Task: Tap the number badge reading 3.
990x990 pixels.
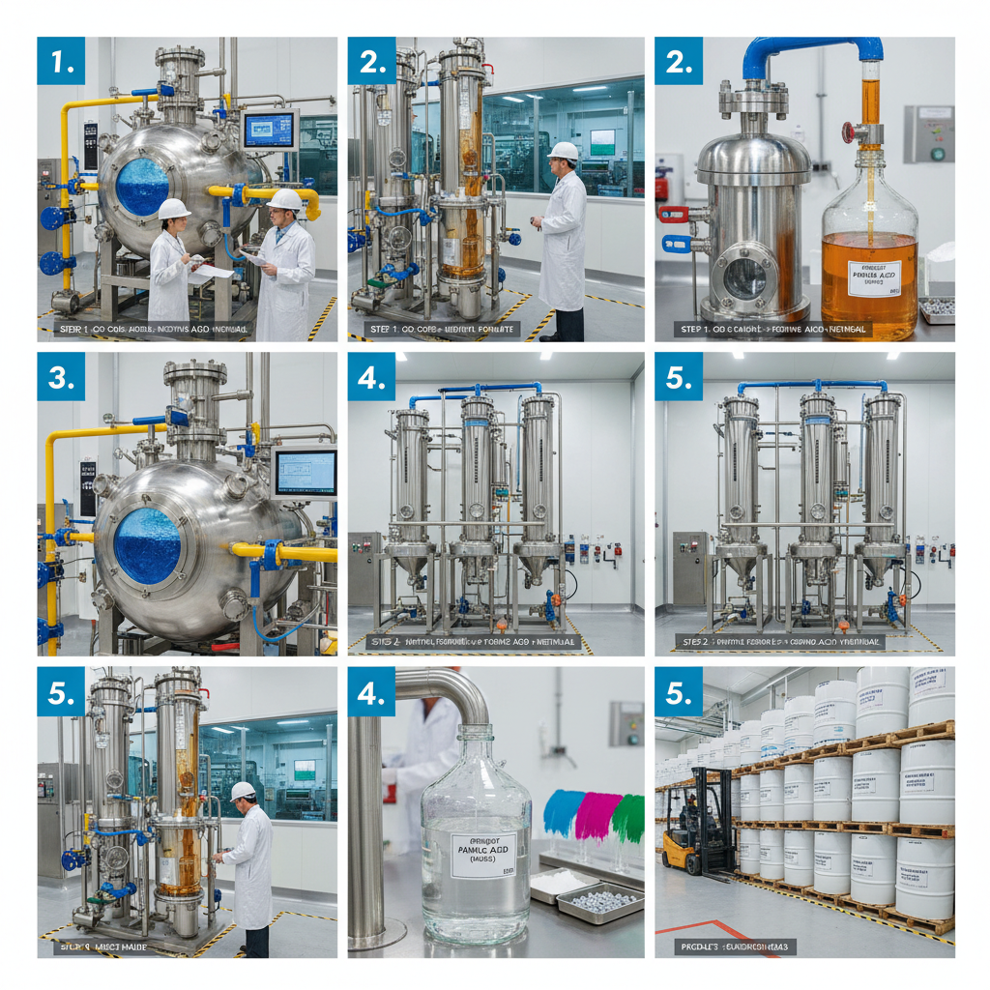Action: pos(62,376)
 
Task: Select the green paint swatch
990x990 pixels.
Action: pos(628,818)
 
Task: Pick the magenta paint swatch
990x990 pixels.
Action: pos(597,815)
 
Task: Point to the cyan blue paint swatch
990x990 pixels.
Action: pos(564,813)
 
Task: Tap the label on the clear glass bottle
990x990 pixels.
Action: pos(483,855)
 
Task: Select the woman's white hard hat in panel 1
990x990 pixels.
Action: pos(173,209)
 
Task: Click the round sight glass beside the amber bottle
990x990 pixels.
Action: pos(745,279)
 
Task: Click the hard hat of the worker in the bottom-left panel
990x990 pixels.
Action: pos(243,790)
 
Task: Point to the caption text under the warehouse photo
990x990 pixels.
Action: pos(736,946)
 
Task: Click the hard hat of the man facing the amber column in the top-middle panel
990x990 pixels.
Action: pos(562,151)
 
